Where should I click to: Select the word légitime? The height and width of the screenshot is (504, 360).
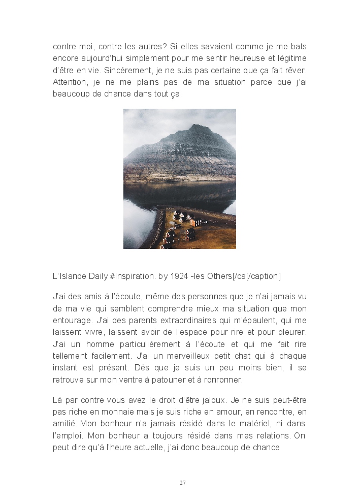(x=290, y=58)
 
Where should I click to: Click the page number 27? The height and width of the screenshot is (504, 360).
(x=182, y=483)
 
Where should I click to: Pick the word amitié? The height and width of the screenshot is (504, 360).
(x=64, y=424)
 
